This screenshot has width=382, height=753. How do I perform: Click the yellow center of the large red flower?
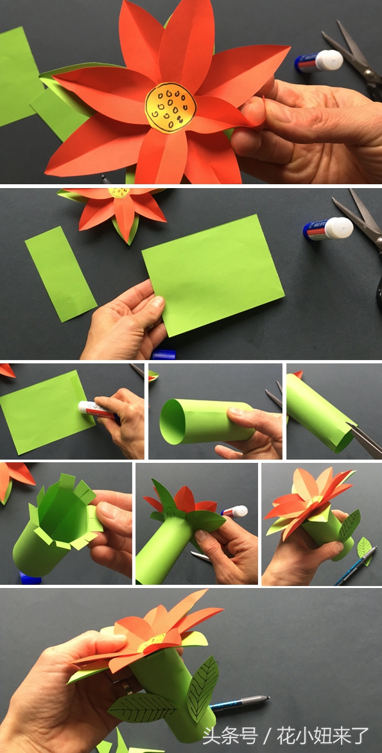171,108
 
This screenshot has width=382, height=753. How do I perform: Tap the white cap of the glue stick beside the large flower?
329,60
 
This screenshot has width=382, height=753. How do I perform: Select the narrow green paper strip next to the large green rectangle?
60,273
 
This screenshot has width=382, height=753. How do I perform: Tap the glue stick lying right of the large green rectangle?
328,229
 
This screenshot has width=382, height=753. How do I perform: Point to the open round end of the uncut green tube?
173,420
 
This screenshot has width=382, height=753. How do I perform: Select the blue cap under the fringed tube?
30,578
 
